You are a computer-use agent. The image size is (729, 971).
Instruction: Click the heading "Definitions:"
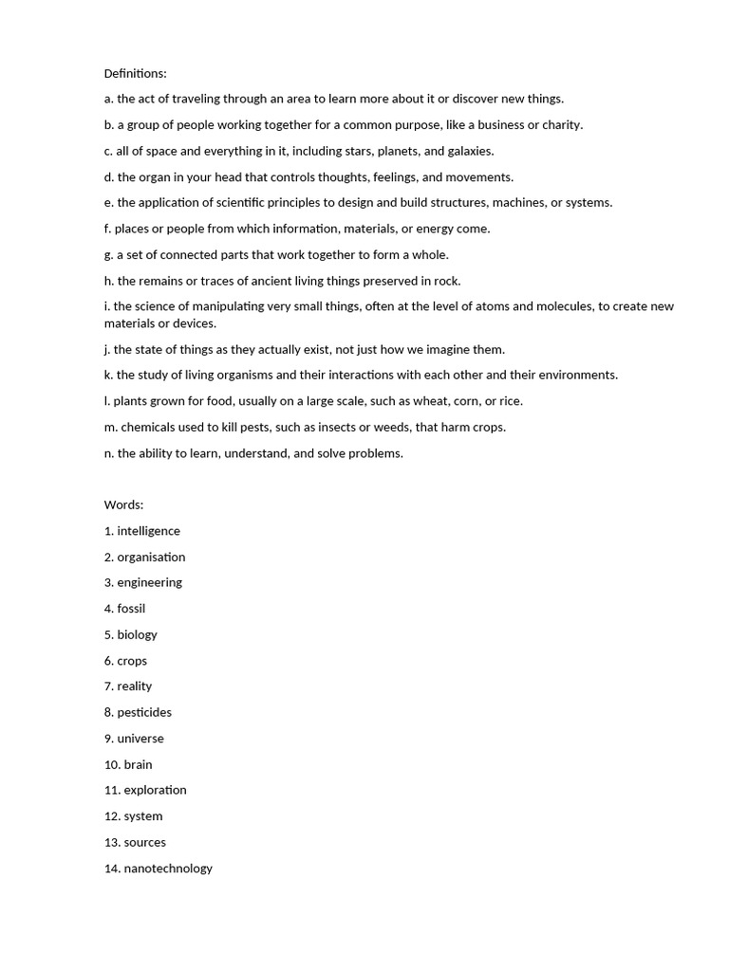coord(135,73)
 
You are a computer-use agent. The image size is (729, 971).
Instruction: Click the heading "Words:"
coord(123,504)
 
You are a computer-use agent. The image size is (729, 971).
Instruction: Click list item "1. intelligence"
coord(142,531)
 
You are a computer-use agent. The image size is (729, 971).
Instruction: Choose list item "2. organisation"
coord(144,557)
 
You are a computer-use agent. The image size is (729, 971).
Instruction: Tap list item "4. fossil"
coord(124,609)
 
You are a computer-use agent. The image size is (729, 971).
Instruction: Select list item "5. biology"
coord(131,634)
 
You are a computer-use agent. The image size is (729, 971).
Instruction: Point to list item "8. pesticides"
coord(138,712)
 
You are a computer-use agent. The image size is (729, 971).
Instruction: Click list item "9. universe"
coord(134,739)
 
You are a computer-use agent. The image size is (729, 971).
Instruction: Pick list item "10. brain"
coord(128,764)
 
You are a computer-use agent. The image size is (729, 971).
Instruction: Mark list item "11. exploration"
coord(145,790)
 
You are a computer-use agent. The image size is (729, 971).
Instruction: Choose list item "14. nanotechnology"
coord(159,868)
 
